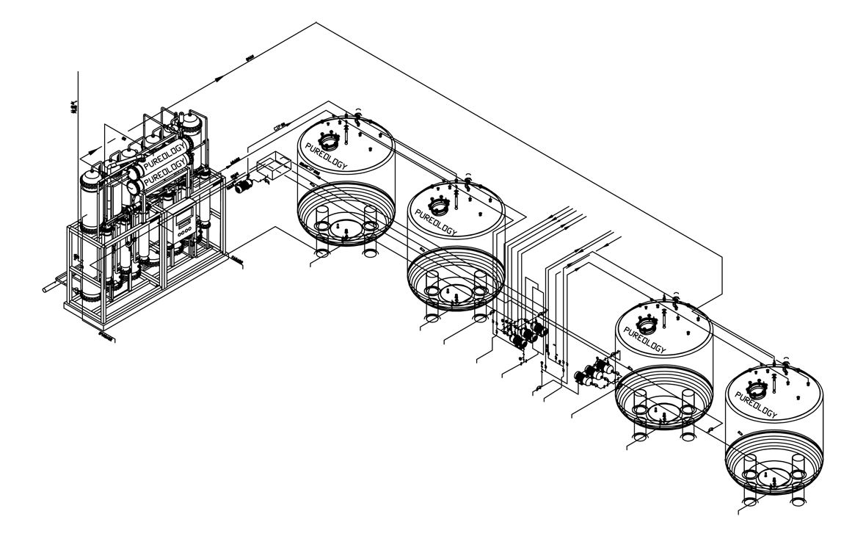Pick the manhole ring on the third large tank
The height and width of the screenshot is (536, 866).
pos(646,322)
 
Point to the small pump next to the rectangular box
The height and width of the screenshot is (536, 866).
pos(244,184)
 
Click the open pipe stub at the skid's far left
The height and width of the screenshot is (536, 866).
pos(50,288)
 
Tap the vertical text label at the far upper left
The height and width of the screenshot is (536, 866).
pos(73,107)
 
